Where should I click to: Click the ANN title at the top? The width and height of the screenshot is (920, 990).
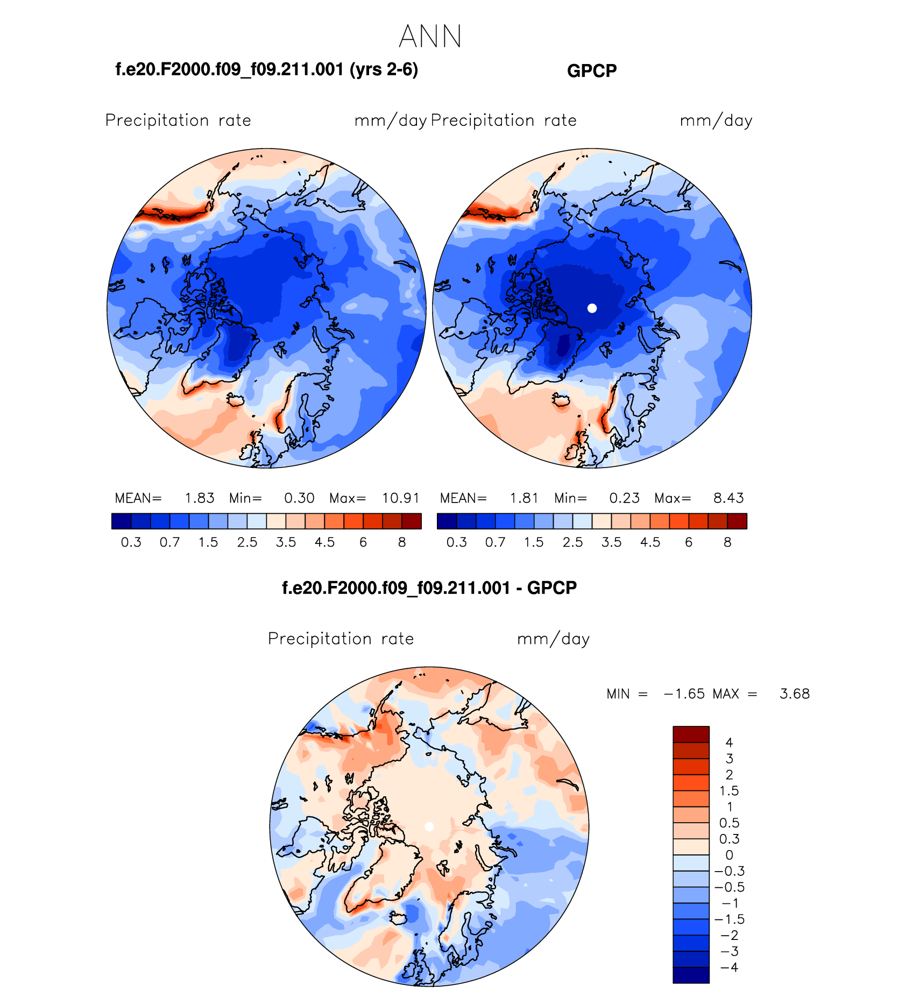(x=430, y=37)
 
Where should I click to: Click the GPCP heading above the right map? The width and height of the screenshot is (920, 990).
(x=592, y=71)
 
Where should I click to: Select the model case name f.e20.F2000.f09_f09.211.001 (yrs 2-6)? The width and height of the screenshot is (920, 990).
(x=266, y=69)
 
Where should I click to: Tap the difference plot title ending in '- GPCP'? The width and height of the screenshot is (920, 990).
(x=429, y=588)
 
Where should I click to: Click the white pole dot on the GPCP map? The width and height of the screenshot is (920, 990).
(x=592, y=308)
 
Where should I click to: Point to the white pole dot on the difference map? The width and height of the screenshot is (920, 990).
(x=429, y=827)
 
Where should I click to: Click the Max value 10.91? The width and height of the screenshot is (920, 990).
(x=400, y=498)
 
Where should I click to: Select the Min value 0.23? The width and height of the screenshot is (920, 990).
(x=624, y=498)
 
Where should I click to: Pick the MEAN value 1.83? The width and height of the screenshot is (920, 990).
(x=200, y=498)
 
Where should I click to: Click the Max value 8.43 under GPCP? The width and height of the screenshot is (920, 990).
(x=728, y=498)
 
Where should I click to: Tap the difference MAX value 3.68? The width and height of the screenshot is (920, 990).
(x=794, y=694)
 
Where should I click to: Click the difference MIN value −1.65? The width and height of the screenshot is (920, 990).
(x=684, y=694)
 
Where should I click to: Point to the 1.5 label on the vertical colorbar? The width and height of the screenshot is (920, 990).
(x=729, y=791)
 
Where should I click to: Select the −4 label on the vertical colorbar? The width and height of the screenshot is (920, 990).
(x=729, y=967)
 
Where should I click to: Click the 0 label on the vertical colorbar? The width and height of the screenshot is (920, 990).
(x=729, y=855)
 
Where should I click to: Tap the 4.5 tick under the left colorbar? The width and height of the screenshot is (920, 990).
(x=324, y=542)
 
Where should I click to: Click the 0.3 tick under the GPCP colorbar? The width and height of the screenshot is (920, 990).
(x=456, y=542)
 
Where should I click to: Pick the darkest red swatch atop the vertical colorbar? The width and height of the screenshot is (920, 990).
(x=691, y=734)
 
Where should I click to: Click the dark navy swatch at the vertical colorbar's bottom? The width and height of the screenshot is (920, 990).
(x=691, y=975)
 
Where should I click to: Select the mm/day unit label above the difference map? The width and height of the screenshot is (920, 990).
(x=553, y=639)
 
